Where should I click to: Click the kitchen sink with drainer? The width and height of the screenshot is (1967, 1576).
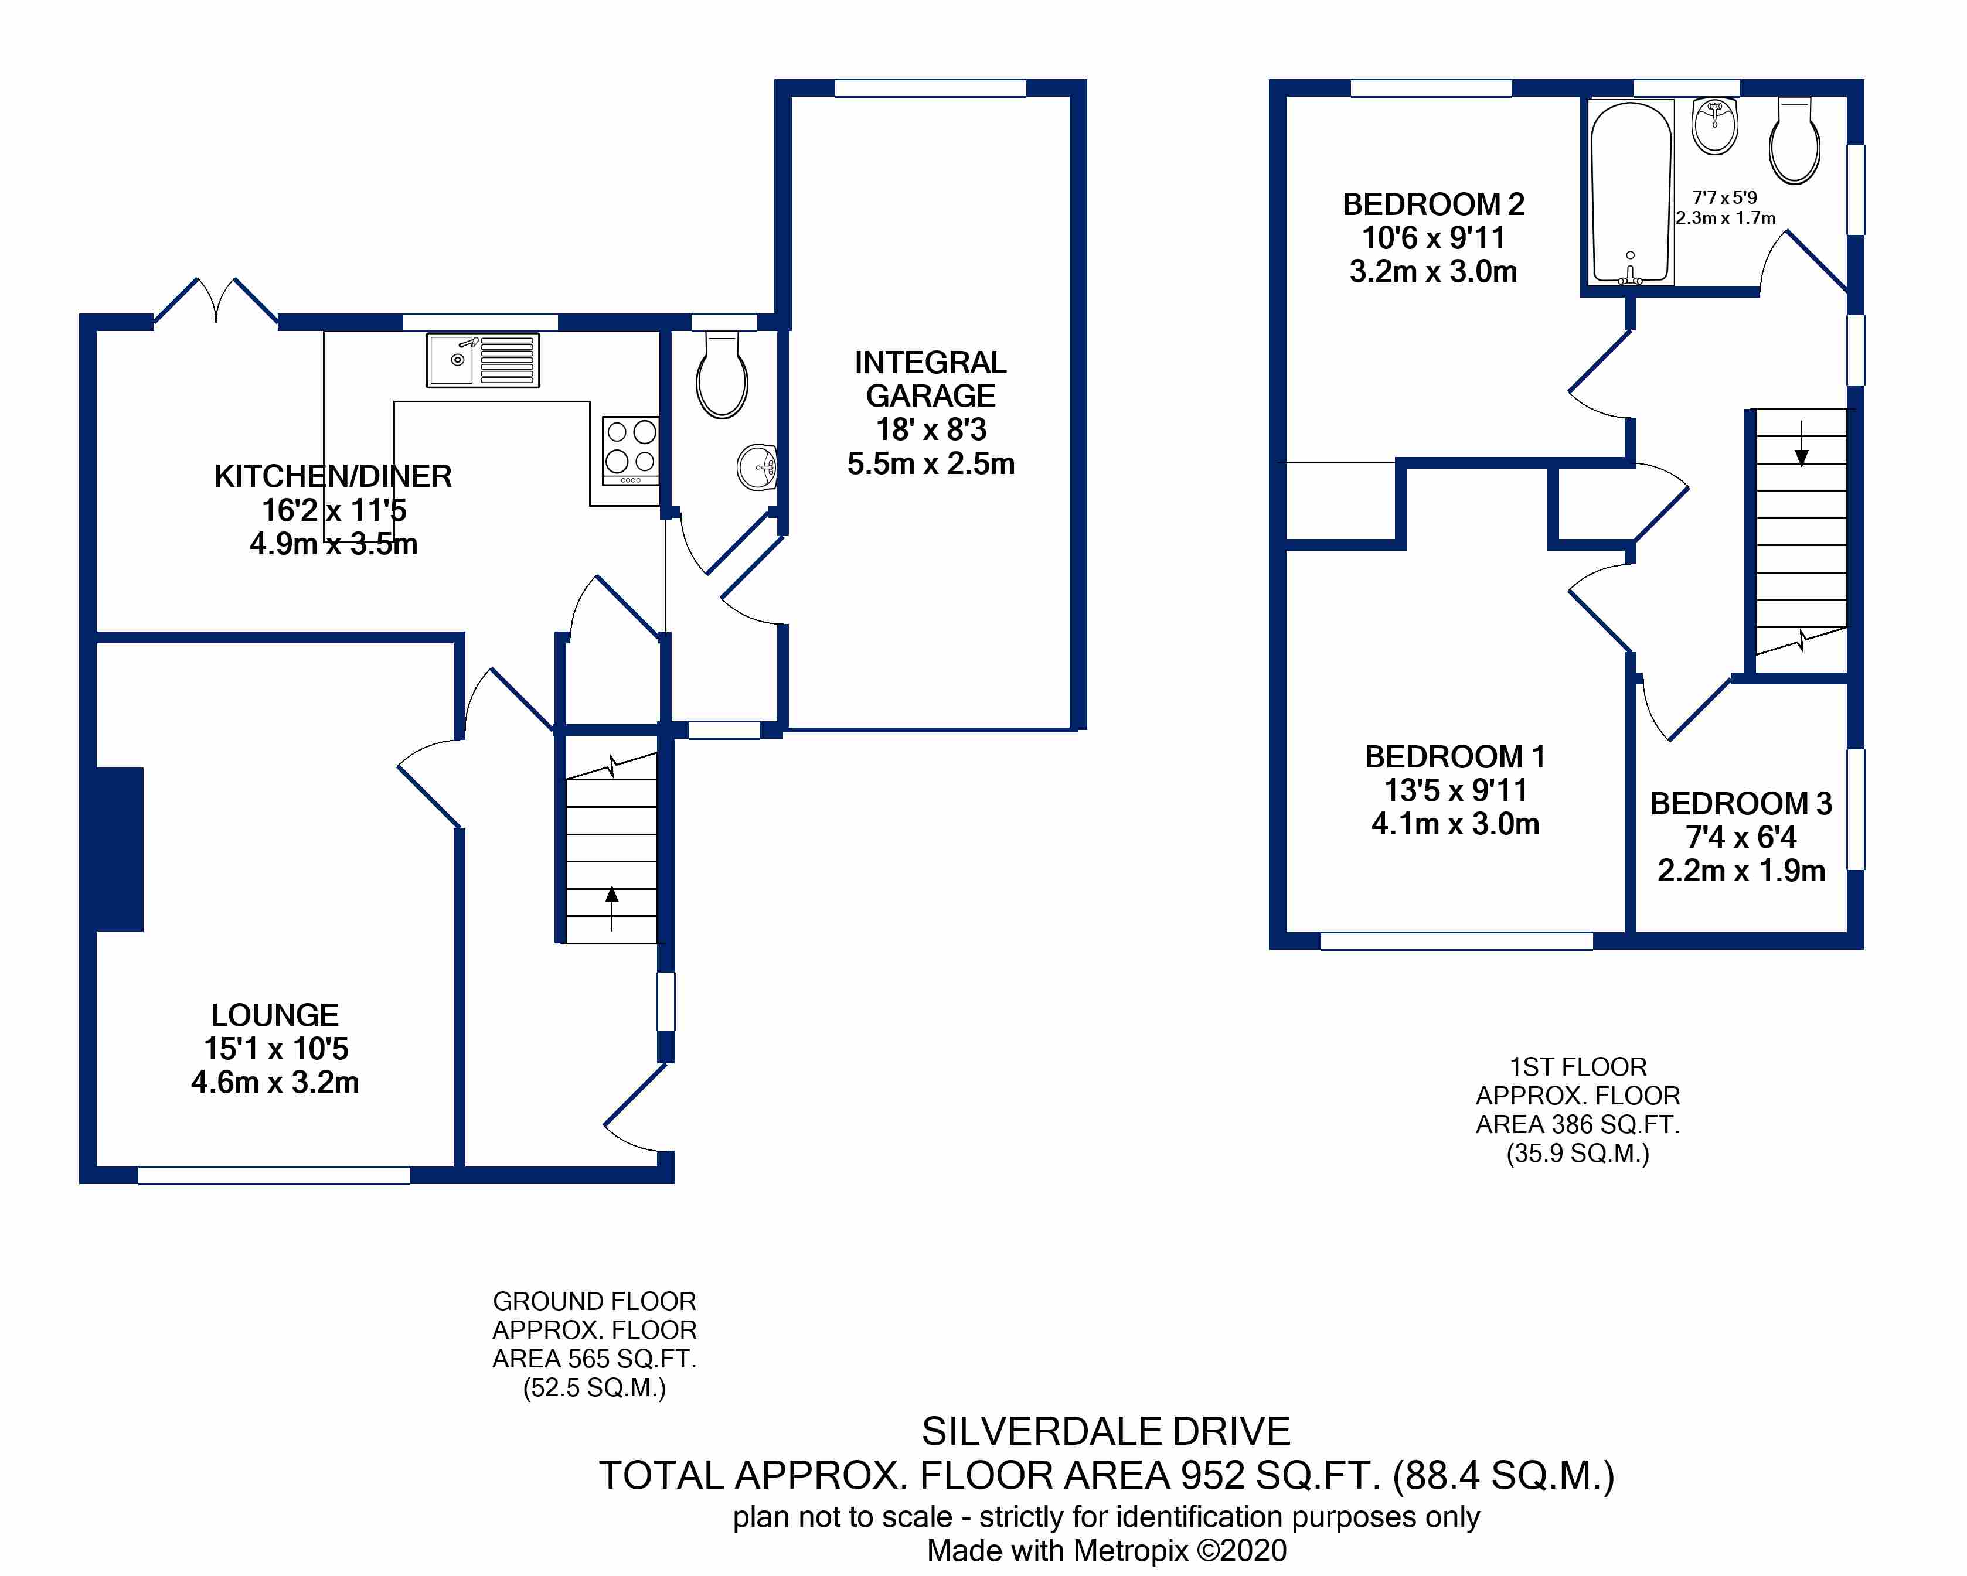(x=482, y=360)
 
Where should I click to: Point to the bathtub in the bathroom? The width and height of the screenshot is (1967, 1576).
(x=1631, y=193)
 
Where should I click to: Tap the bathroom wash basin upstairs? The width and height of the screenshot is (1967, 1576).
(x=1715, y=127)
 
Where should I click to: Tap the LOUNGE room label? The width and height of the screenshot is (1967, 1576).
(x=275, y=1015)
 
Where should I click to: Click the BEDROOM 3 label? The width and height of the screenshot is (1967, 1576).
(x=1741, y=803)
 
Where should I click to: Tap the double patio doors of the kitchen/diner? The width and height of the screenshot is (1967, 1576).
(x=216, y=301)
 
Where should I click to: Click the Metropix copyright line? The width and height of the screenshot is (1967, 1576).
(x=1106, y=1550)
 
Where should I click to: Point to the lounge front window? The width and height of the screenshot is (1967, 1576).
(x=274, y=1175)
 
